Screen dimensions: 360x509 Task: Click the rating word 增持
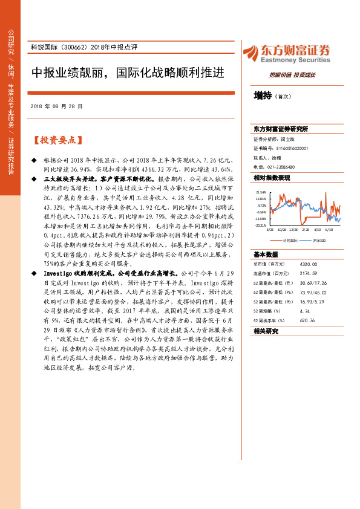263,96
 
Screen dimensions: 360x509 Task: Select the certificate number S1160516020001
287,148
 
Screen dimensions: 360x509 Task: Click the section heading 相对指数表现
272,178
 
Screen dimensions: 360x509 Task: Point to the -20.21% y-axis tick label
260,225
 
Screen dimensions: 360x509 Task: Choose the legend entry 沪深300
319,240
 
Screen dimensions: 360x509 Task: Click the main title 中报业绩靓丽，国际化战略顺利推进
128,73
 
